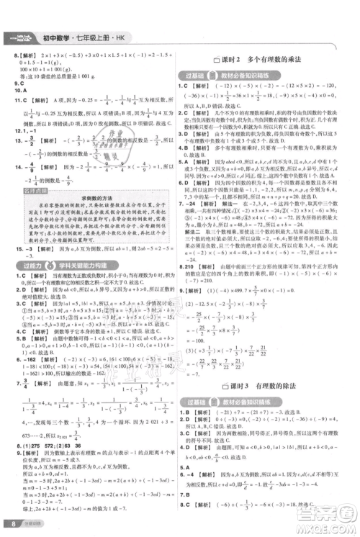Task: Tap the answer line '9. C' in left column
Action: tap(12, 84)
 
